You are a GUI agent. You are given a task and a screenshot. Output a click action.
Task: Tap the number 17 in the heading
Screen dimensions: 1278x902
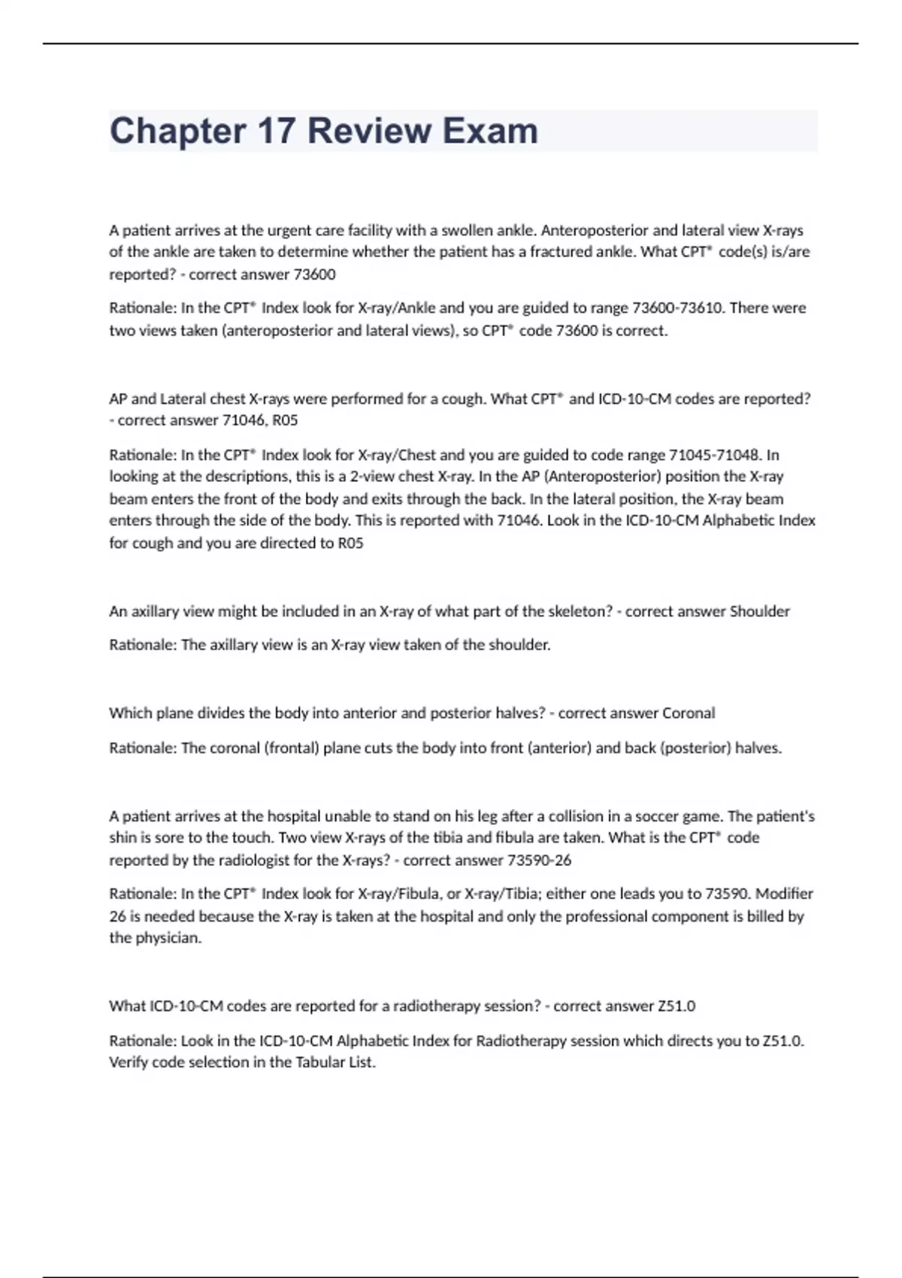coord(276,131)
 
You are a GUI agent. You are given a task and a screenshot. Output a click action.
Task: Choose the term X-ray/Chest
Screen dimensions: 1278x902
coord(397,455)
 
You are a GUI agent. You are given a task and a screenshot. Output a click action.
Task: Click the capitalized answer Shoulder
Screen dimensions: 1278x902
coord(759,611)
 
